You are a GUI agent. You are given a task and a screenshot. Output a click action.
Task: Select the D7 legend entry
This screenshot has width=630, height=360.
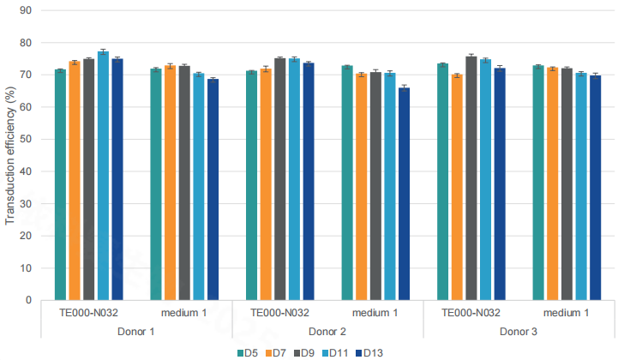pyautogui.click(x=278, y=351)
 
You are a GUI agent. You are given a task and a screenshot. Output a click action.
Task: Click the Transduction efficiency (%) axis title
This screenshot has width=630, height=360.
pyautogui.click(x=10, y=155)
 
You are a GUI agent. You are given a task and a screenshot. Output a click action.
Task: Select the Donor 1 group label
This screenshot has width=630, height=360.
pyautogui.click(x=136, y=331)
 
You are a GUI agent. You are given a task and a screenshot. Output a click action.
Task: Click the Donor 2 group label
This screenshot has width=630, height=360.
pyautogui.click(x=327, y=331)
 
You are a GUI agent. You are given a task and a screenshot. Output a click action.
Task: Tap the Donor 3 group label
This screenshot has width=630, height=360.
pyautogui.click(x=519, y=331)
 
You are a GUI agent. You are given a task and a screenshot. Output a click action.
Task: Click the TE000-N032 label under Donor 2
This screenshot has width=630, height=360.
pyautogui.click(x=279, y=313)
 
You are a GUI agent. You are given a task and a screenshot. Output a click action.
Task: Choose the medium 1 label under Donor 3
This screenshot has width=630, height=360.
pyautogui.click(x=567, y=313)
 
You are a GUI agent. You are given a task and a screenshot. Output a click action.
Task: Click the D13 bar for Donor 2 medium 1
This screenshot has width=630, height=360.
pyautogui.click(x=405, y=194)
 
